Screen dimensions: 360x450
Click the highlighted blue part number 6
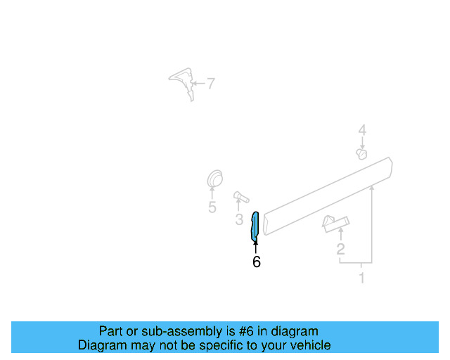(255, 226)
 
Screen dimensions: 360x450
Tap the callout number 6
(256, 262)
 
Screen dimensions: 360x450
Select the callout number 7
(211, 84)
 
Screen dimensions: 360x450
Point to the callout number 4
(362, 130)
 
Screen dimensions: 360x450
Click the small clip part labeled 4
(361, 153)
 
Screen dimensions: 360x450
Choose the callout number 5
(212, 207)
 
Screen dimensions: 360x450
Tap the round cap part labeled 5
(214, 179)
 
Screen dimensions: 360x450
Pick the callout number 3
(239, 220)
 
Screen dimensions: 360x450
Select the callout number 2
(340, 249)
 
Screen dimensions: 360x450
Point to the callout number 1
(362, 278)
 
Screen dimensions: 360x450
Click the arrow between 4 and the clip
(362, 143)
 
